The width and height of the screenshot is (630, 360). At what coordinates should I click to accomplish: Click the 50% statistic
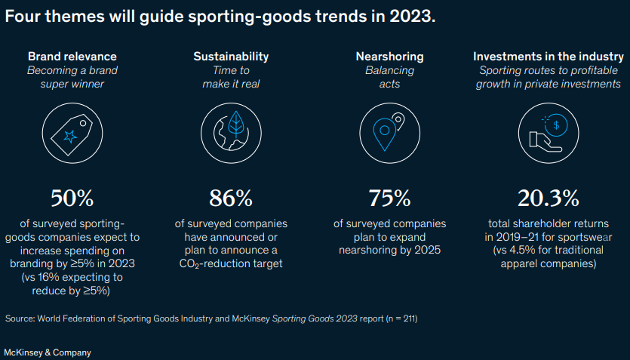(72, 198)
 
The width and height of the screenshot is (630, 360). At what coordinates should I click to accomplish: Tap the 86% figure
(231, 198)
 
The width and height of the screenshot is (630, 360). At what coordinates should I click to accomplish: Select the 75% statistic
(390, 198)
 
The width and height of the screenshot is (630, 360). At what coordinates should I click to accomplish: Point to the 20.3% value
(549, 198)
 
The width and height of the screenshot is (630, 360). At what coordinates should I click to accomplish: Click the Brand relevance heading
(72, 57)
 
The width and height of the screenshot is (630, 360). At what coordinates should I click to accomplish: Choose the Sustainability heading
(231, 57)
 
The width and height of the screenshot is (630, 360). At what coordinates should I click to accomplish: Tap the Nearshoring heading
(390, 57)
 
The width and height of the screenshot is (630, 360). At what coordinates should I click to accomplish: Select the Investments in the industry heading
(549, 57)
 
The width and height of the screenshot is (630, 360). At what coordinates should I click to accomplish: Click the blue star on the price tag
(70, 137)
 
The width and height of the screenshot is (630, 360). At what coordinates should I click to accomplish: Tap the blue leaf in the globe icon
(236, 124)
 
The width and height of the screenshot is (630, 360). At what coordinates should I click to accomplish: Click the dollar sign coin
(557, 125)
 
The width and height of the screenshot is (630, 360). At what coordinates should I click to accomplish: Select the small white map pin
(398, 122)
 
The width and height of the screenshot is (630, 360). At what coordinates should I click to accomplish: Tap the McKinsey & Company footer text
(48, 352)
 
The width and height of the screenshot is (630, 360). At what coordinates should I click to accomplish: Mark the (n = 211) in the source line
(401, 319)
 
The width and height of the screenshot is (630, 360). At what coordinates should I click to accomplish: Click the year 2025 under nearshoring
(428, 250)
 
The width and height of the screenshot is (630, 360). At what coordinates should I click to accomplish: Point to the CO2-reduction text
(231, 264)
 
